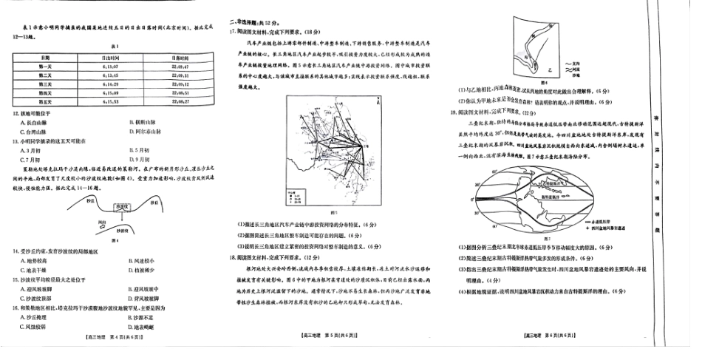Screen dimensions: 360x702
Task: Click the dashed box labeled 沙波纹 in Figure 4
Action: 121,207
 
